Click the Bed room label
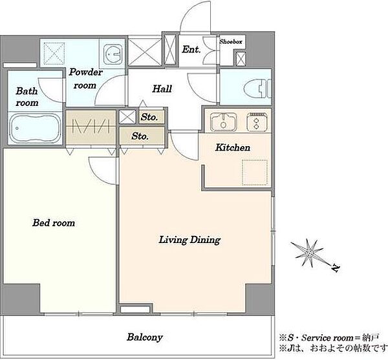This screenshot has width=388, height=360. tap(54, 223)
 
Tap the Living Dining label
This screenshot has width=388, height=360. tap(189, 240)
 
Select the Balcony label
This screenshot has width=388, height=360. tap(145, 337)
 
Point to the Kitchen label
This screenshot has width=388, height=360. tap(233, 147)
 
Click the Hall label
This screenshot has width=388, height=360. tap(162, 89)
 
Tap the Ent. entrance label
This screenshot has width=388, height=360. tap(191, 50)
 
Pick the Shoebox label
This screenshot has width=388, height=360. tap(231, 41)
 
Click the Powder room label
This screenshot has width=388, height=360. tap(85, 79)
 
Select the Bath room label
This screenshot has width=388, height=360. tap(27, 97)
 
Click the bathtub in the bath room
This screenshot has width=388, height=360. tap(35, 129)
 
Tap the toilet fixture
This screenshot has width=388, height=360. tap(257, 89)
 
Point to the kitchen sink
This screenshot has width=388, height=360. tap(223, 122)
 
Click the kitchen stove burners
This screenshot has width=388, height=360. tap(257, 122)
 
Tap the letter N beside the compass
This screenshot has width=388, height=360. tap(336, 268)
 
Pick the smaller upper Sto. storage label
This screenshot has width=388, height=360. tap(149, 117)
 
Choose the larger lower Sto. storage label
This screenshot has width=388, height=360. tap(140, 136)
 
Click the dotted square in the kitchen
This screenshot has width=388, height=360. tap(255, 173)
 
